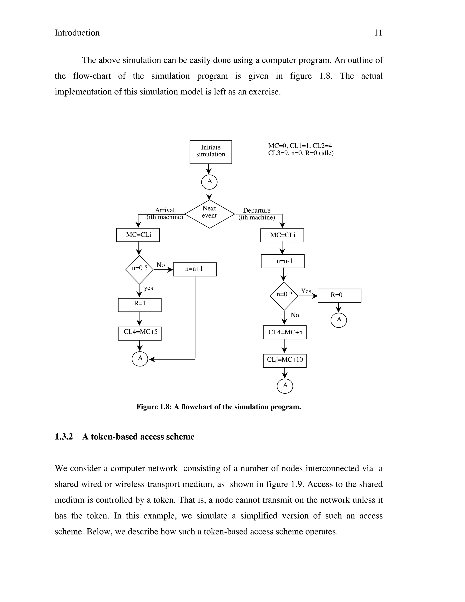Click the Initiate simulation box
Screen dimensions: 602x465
coord(210,152)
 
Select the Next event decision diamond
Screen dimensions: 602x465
coord(209,214)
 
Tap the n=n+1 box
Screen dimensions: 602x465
coord(195,269)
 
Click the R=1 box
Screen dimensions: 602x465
coord(140,305)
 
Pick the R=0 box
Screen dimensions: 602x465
coord(339,296)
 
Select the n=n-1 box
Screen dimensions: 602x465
coord(283,261)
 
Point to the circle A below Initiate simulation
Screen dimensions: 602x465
coord(209,182)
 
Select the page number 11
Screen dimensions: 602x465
coord(378,33)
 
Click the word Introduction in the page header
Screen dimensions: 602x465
coord(77,33)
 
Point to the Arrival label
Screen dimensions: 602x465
coord(165,210)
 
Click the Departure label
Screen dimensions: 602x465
coord(257,211)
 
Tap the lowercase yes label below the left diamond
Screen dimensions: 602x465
coord(148,288)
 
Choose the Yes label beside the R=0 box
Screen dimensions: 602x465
coord(306,291)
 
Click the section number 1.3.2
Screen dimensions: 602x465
coord(64,437)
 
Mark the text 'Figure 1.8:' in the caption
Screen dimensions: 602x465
coord(154,407)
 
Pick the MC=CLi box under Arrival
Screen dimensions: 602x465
coord(138,235)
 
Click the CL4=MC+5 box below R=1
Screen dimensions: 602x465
coord(140,333)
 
